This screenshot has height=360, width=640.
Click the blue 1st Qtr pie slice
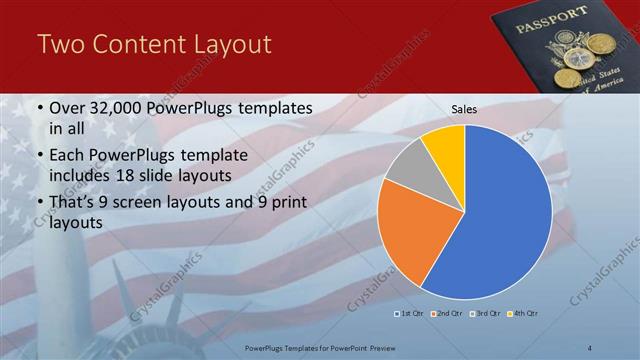tap(500, 215)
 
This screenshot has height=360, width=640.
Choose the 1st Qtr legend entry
tap(409, 314)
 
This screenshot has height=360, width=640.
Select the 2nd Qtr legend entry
tap(446, 314)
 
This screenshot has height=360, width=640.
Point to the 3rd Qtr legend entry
tap(485, 314)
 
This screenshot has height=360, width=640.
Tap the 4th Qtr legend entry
tap(523, 314)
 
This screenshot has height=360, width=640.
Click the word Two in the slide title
tap(59, 44)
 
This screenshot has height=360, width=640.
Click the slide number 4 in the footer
tap(589, 347)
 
